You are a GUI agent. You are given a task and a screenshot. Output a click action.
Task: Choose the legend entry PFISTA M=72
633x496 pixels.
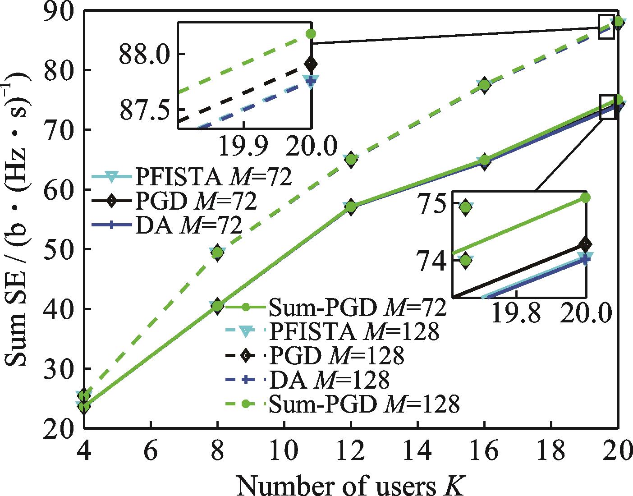tap(192, 177)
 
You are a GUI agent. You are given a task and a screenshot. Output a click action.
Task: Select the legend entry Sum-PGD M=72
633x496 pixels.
tap(336, 308)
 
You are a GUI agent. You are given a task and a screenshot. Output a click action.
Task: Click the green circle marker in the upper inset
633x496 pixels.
tap(311, 34)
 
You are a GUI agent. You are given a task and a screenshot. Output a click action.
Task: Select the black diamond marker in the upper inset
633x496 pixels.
tap(311, 64)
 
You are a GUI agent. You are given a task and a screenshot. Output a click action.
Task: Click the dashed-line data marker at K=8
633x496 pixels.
tap(217, 253)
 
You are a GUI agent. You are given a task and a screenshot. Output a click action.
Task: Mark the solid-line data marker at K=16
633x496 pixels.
tap(484, 161)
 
